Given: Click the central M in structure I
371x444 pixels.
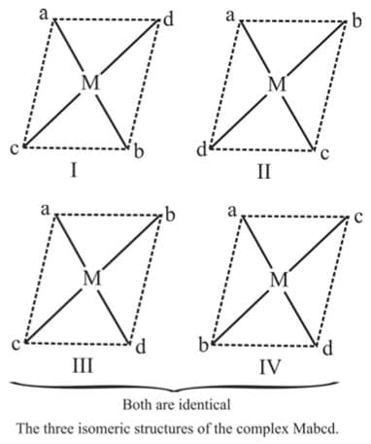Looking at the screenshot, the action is (x=90, y=84).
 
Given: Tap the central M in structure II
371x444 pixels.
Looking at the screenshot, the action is (x=278, y=84).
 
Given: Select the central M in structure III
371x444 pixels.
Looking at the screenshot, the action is (x=91, y=278).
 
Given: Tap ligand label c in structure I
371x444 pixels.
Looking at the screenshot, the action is (x=14, y=150).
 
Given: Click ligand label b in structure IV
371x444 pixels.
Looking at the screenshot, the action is (x=202, y=344).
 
